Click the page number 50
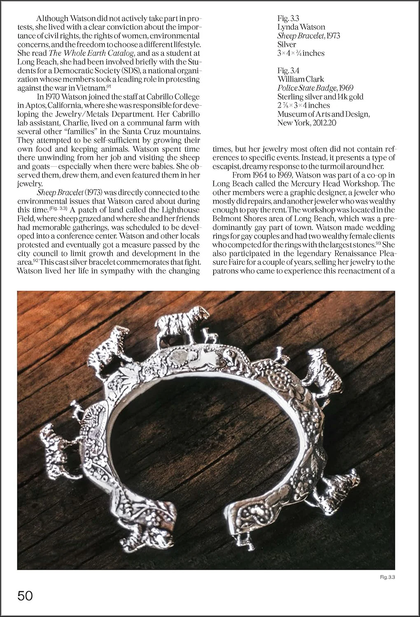[25, 596]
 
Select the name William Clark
[301, 79]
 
